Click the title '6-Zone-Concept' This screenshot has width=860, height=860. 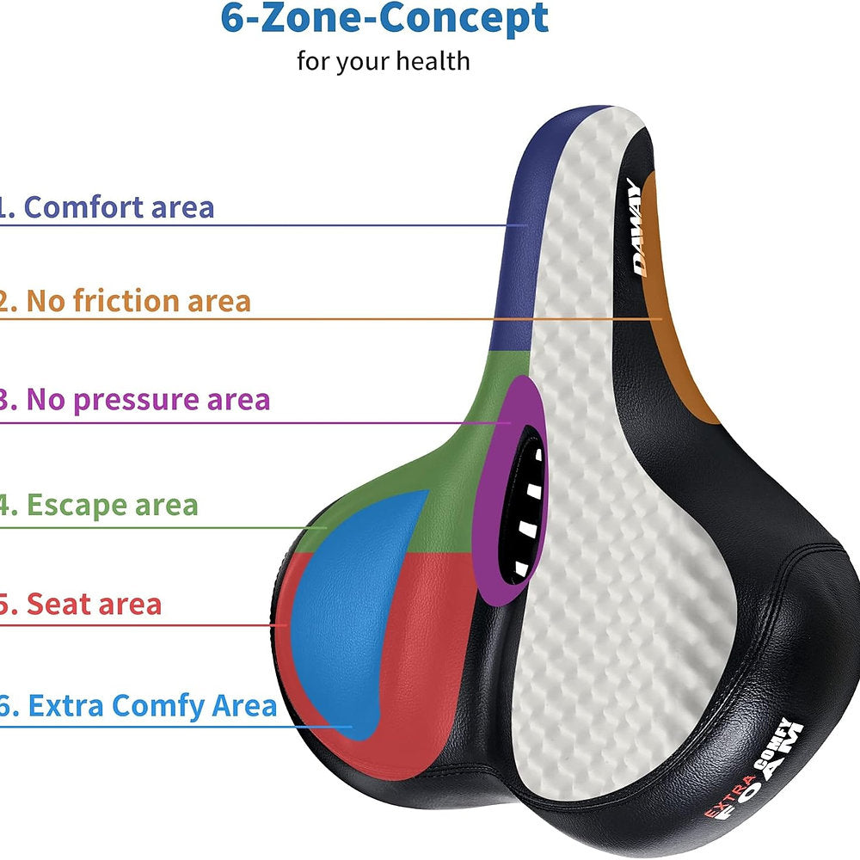[x=384, y=19]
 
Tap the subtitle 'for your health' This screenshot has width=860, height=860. [x=384, y=61]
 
